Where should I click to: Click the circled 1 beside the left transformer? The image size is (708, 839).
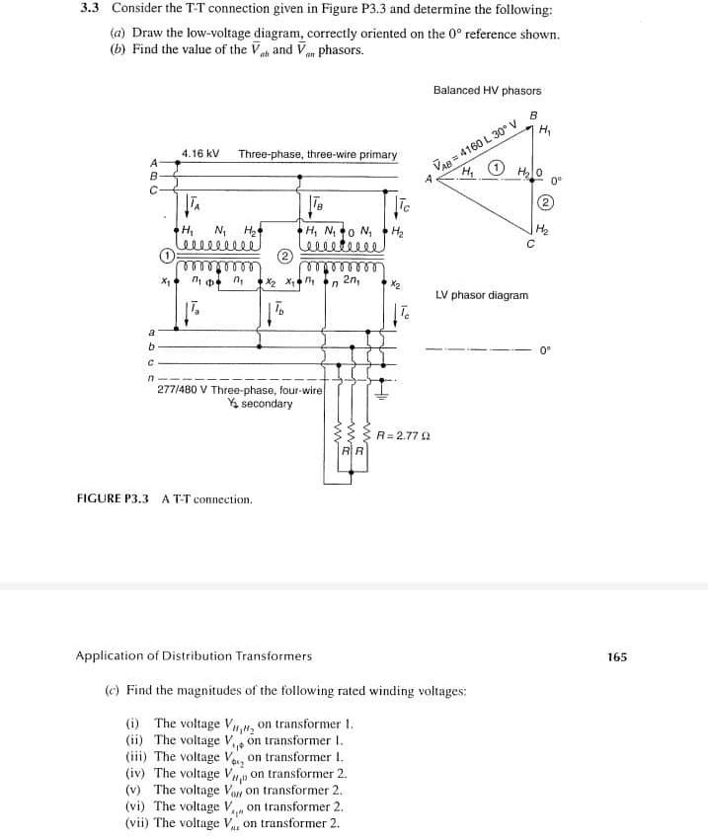169,254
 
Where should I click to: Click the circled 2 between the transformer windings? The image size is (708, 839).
283,254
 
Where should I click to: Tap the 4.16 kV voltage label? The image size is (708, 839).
200,155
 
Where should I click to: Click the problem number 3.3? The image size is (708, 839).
90,8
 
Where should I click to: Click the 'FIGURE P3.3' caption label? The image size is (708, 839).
113,499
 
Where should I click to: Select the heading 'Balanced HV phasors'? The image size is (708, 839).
487,91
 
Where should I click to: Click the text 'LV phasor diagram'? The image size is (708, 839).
482,295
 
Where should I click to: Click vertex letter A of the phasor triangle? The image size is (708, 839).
429,180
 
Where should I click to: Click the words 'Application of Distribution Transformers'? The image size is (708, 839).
194,655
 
